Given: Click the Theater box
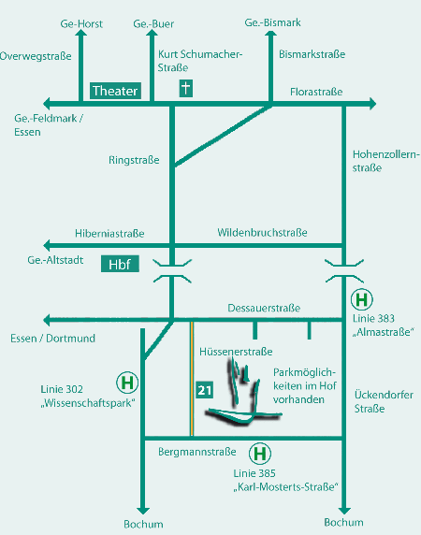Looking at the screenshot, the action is (115, 91).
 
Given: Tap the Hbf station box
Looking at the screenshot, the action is (120, 264).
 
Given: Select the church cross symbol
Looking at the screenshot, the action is (185, 88).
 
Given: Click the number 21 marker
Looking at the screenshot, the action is (205, 390).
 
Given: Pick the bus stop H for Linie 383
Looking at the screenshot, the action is (362, 299).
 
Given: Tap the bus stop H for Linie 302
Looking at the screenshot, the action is (127, 383).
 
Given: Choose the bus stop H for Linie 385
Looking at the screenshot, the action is (260, 454).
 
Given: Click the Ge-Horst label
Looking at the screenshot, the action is (81, 24).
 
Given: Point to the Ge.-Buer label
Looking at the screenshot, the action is (153, 24).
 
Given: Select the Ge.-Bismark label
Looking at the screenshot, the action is (272, 22).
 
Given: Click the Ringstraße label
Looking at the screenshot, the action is (134, 160).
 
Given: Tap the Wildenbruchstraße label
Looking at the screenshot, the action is (262, 233).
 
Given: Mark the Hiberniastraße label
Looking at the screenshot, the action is (109, 234).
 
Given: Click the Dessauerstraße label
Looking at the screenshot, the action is (264, 308).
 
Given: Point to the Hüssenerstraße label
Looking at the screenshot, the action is (236, 352).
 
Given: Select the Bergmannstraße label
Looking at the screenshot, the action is (197, 452).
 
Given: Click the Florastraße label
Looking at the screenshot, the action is (316, 92).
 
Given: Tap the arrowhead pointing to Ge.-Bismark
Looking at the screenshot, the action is (271, 34).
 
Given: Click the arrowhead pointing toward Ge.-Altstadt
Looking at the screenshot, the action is (47, 245).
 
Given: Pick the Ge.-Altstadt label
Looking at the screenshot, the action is (55, 260).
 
